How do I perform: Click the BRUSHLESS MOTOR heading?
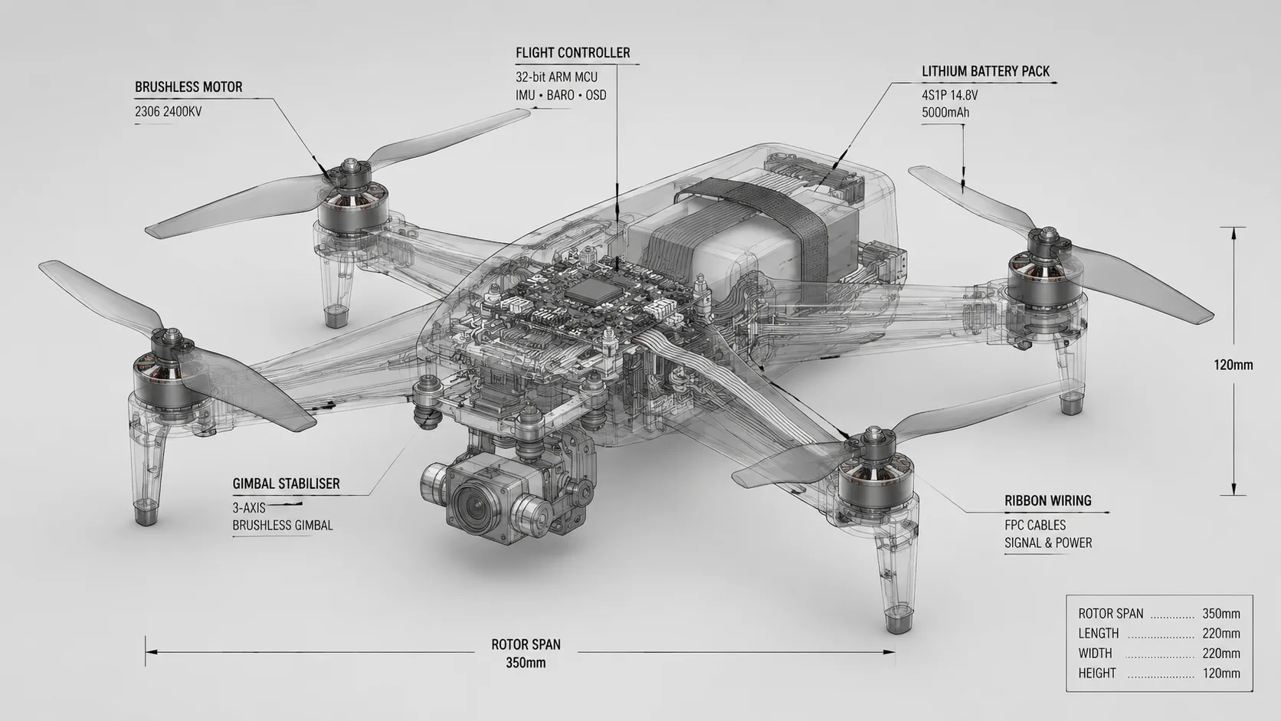(x=188, y=87)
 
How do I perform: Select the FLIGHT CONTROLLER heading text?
(x=572, y=53)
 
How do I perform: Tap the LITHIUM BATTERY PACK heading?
(x=985, y=71)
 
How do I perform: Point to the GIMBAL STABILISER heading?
(x=286, y=483)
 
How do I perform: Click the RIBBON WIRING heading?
(x=1047, y=501)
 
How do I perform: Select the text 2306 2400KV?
(x=168, y=112)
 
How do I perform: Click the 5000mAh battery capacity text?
(x=945, y=113)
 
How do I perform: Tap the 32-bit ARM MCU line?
(x=556, y=77)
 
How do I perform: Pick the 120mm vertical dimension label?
(x=1233, y=365)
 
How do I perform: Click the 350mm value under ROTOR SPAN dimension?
(x=526, y=664)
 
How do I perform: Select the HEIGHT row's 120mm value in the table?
(x=1221, y=673)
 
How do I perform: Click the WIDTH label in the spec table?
(x=1095, y=653)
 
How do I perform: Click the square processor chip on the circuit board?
(x=593, y=292)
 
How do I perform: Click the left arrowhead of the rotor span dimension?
(x=151, y=652)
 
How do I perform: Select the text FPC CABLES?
(x=1035, y=525)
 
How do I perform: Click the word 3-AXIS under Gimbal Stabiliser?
(x=249, y=508)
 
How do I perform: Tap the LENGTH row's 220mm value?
(x=1221, y=634)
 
